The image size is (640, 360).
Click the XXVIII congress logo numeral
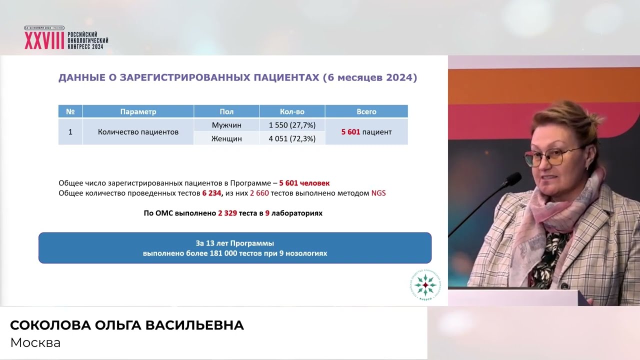[44, 41]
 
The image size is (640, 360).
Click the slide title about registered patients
[237, 78]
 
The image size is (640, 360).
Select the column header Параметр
[138, 111]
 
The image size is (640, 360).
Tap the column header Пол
[226, 111]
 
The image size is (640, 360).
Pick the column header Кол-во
[292, 111]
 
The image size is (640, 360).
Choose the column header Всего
[366, 111]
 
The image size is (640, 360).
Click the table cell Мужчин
[226, 125]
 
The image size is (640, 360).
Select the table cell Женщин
[226, 138]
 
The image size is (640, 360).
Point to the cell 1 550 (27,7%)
[292, 125]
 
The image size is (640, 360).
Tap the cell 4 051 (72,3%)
[292, 138]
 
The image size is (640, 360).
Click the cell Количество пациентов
[138, 132]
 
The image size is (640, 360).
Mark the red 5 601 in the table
[350, 132]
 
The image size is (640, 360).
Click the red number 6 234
[211, 193]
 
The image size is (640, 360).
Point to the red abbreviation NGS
[378, 193]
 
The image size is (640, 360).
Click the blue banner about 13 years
[235, 248]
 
